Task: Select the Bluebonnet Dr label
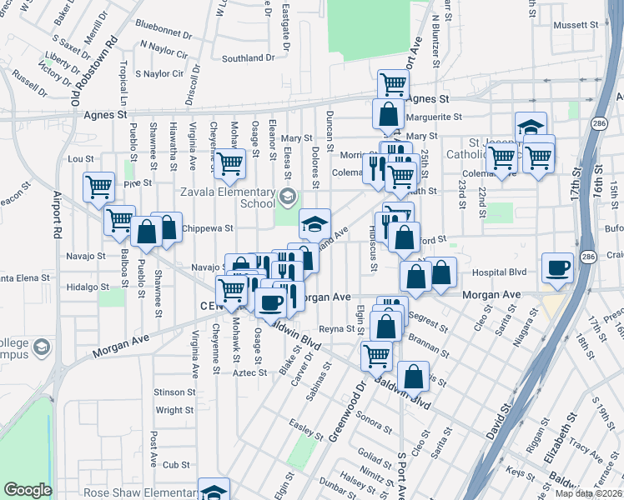[163, 27]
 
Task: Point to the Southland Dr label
[249, 58]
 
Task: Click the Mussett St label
[571, 26]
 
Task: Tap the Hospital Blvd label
[501, 272]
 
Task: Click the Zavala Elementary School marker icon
[288, 197]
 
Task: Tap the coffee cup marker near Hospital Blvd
[557, 268]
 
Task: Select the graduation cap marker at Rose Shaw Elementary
[214, 491]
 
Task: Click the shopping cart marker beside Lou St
[229, 163]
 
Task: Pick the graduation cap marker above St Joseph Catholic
[530, 127]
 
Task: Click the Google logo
[28, 489]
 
